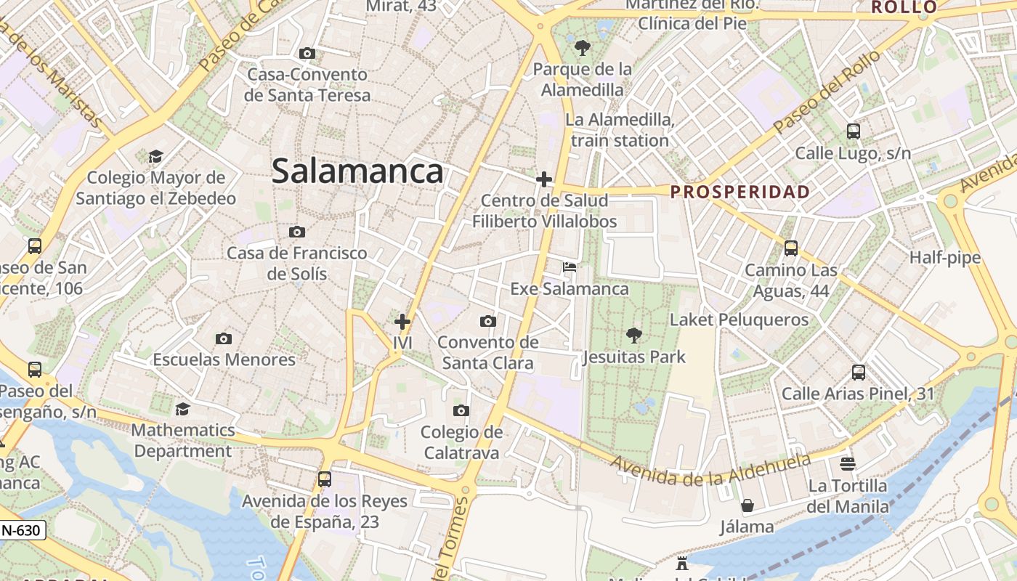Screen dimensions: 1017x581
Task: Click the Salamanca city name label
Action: click(357, 171)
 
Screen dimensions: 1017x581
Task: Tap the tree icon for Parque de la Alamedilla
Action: click(582, 49)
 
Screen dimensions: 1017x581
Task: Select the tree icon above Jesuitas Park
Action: click(634, 336)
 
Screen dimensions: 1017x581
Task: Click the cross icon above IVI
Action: click(402, 322)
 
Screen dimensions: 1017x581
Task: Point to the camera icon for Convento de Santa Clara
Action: click(488, 321)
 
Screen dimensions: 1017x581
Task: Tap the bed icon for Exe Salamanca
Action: click(570, 267)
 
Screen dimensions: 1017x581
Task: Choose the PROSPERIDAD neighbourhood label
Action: click(740, 192)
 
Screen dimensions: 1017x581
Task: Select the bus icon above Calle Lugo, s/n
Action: click(853, 131)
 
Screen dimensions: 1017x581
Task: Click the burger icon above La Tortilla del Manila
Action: click(848, 463)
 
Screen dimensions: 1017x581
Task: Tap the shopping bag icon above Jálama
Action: click(747, 505)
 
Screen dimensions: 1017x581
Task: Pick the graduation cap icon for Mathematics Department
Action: click(183, 409)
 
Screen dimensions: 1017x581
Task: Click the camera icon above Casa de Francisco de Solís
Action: click(296, 232)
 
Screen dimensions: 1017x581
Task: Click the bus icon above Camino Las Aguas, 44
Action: click(791, 248)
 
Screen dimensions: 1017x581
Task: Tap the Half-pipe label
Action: click(945, 258)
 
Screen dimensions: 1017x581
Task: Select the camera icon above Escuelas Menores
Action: click(224, 338)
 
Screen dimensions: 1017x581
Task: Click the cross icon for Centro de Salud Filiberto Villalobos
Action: click(544, 179)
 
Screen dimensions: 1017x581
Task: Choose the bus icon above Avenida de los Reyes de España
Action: click(325, 479)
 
